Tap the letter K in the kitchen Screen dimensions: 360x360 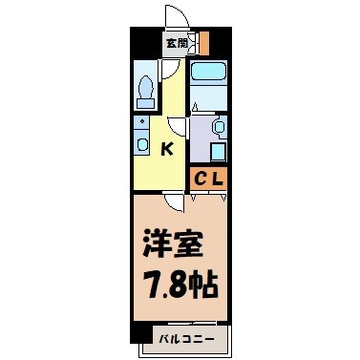point(166,148)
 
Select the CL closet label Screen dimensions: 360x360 point(209,177)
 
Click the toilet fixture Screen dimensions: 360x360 point(146,89)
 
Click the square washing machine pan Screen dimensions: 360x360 point(217,151)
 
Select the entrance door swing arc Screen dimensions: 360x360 point(175,17)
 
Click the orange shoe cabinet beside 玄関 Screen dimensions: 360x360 point(202,42)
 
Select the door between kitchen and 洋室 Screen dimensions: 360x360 point(172,201)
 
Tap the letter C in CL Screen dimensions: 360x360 point(201,177)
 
